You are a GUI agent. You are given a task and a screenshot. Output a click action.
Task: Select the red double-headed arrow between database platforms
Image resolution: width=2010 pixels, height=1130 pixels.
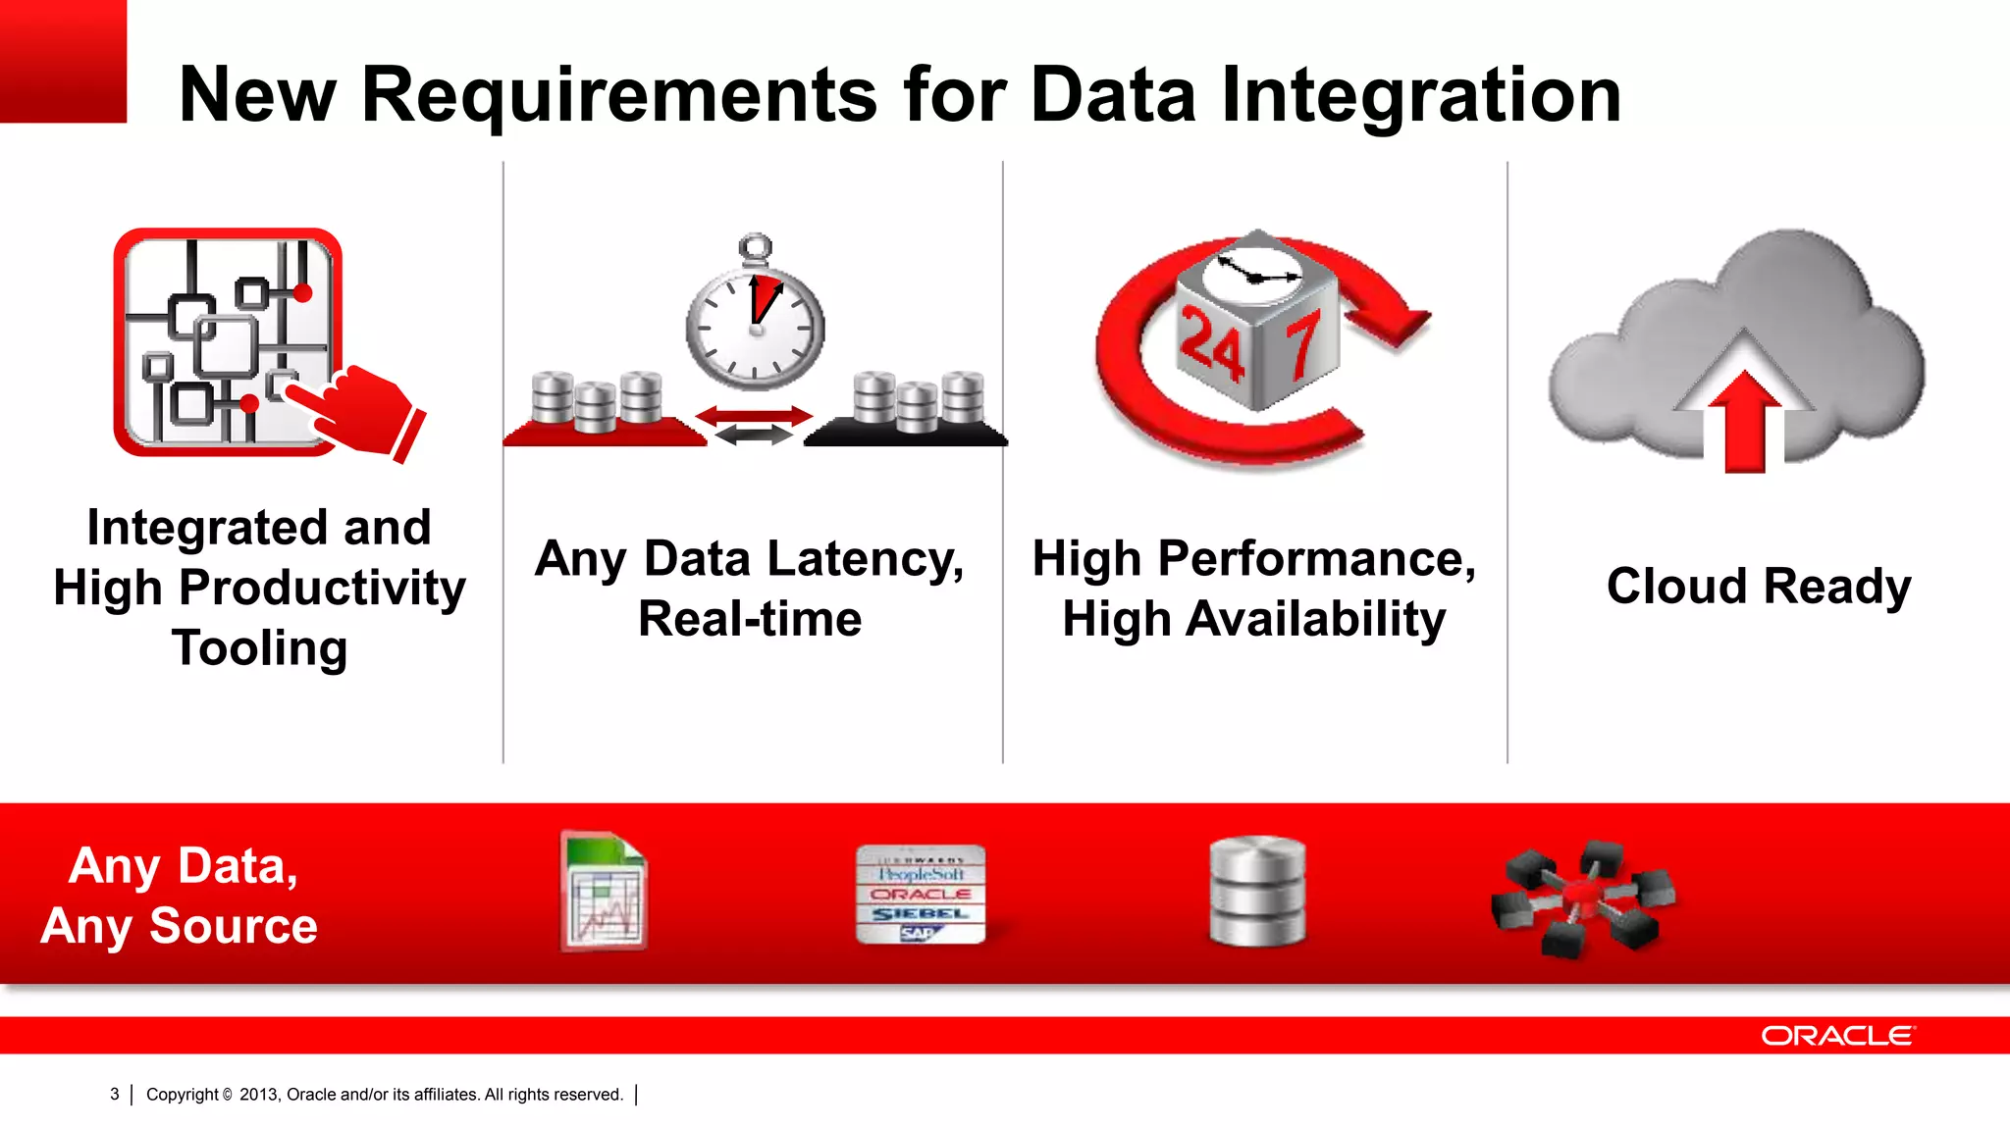(754, 417)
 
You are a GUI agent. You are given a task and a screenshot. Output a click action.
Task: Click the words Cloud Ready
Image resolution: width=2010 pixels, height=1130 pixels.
(1758, 587)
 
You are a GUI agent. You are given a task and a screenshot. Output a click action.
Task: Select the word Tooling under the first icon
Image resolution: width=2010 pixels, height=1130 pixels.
(259, 648)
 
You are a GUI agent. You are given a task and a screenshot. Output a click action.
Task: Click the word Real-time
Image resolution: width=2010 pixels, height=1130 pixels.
(750, 619)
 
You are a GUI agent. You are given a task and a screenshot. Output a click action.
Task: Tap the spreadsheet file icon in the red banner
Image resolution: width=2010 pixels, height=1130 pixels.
(604, 891)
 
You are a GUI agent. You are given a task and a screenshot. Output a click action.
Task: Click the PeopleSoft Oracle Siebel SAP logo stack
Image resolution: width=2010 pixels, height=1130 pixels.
(920, 894)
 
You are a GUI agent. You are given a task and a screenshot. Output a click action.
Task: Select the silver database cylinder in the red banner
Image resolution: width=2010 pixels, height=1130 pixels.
(1257, 892)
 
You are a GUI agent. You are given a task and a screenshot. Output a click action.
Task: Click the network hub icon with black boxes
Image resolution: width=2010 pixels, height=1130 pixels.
(1581, 898)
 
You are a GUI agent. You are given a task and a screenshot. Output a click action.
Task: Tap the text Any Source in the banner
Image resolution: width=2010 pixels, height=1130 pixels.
(180, 926)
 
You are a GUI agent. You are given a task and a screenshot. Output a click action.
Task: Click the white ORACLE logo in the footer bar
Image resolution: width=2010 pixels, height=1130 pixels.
(1837, 1036)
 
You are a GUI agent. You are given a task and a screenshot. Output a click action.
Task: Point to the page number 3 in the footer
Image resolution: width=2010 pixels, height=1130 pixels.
(115, 1095)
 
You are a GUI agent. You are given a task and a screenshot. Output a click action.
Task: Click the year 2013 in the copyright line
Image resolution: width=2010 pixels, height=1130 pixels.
(258, 1095)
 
